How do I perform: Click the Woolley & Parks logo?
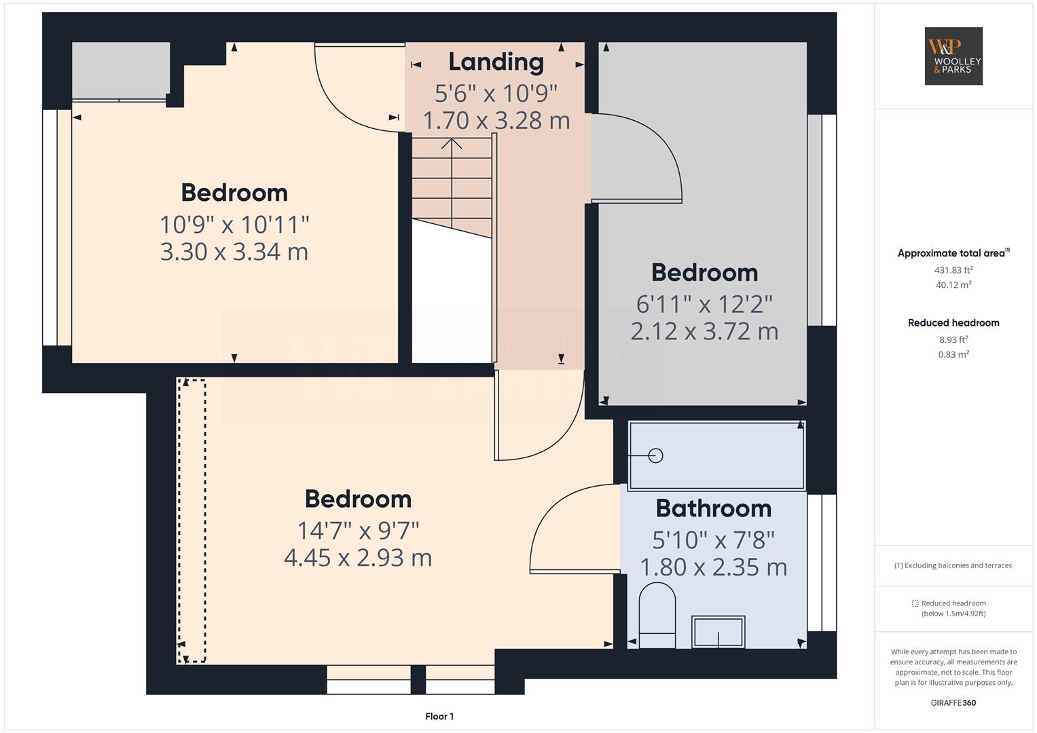coord(953,56)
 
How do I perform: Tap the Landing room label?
coord(496,62)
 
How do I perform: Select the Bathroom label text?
coord(713,508)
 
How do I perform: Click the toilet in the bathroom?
coord(657,615)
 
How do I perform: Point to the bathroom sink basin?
coord(718,632)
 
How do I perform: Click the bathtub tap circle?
coord(655,456)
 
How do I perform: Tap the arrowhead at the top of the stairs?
coord(452,143)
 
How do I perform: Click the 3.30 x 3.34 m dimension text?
coord(234,252)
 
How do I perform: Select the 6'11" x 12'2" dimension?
coord(704,304)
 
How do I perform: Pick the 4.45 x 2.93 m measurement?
coord(358,558)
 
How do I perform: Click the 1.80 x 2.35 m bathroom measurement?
coord(713,567)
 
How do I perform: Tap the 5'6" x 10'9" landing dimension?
coord(496,93)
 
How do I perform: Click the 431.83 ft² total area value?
coord(953,270)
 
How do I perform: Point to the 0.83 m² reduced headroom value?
coord(953,354)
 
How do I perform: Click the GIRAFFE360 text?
coord(953,702)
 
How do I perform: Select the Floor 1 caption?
coord(439,716)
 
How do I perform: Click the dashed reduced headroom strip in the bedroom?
coord(192,521)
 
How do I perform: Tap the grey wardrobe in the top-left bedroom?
coord(121,71)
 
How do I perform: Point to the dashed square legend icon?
coord(915,603)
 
